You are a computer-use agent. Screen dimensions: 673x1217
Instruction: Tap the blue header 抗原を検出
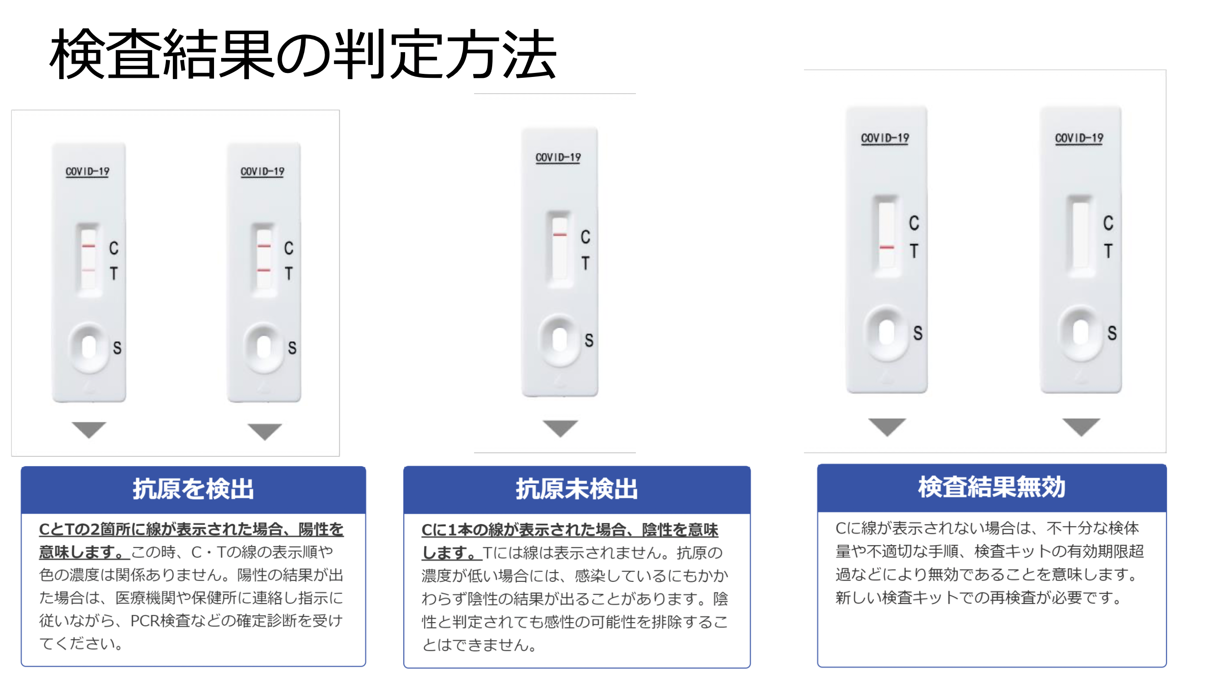click(193, 489)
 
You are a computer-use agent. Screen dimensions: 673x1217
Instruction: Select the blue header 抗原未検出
click(576, 489)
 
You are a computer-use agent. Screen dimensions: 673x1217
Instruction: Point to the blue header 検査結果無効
click(991, 487)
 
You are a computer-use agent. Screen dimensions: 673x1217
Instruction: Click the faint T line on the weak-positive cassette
click(88, 270)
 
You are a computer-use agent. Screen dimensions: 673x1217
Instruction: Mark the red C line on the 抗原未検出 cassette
click(560, 235)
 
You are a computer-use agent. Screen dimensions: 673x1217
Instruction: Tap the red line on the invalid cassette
click(887, 247)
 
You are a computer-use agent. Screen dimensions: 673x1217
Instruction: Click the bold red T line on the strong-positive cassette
click(264, 270)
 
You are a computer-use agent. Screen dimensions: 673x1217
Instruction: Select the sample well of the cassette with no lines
click(1080, 333)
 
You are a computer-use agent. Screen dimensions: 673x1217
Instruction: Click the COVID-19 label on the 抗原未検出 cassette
click(558, 157)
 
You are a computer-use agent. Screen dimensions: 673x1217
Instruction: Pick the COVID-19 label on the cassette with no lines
click(1079, 138)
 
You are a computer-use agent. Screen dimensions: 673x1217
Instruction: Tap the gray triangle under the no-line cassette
click(1081, 426)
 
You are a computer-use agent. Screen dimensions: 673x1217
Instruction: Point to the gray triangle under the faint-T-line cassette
click(89, 429)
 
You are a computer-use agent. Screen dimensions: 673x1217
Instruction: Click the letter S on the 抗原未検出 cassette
click(589, 340)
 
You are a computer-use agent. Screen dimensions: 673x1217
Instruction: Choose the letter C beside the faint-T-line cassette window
click(114, 248)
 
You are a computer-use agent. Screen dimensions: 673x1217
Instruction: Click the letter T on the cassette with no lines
click(1108, 251)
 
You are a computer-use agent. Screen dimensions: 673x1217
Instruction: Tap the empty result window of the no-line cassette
click(1080, 236)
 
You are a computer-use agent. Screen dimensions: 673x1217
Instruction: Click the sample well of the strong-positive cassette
click(264, 348)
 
